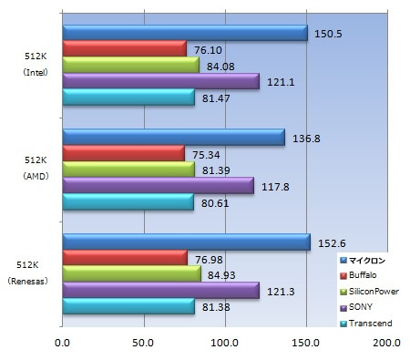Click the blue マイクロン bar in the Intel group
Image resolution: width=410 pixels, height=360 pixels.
(185, 33)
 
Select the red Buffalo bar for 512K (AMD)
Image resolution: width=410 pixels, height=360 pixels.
(124, 153)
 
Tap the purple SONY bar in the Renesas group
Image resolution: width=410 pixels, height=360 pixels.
(161, 290)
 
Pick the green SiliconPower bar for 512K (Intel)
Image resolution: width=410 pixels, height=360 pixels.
(131, 65)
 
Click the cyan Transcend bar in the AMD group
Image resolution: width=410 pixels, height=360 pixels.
(128, 201)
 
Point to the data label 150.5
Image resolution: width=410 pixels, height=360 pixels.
(328, 34)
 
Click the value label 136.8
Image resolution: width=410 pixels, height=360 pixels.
(306, 139)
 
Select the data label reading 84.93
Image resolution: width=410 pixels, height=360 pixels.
(221, 275)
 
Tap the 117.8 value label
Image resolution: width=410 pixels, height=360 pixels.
(275, 187)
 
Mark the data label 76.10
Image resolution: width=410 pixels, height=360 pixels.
(208, 50)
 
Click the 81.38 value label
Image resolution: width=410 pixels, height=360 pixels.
(216, 307)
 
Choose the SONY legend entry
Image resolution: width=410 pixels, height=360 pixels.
(356, 307)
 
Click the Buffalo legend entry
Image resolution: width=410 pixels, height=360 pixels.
(359, 275)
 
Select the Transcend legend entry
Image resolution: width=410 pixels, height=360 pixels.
(366, 324)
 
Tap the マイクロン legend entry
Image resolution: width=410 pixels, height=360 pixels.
(363, 261)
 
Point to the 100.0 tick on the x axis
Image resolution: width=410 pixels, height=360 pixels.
(225, 343)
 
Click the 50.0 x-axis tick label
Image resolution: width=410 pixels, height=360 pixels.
(143, 343)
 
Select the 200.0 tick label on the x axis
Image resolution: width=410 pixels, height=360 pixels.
(387, 343)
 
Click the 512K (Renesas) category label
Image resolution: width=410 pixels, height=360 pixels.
(27, 273)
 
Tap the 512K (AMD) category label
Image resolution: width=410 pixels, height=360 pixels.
(36, 168)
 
